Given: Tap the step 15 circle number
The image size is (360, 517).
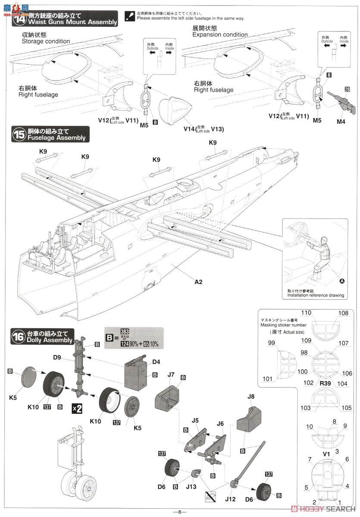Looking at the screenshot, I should (19, 134).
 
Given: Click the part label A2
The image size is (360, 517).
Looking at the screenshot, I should (198, 282).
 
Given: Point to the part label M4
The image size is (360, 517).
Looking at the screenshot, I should (341, 122).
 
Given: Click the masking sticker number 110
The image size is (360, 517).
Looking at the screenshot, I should (306, 313).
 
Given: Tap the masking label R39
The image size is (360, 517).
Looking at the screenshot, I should (326, 383).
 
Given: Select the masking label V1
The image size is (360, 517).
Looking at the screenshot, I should (326, 454).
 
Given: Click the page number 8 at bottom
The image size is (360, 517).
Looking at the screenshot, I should (180, 512).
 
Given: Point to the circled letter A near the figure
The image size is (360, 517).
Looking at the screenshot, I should (342, 281).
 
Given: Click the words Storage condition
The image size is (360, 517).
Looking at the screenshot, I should (46, 41).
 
